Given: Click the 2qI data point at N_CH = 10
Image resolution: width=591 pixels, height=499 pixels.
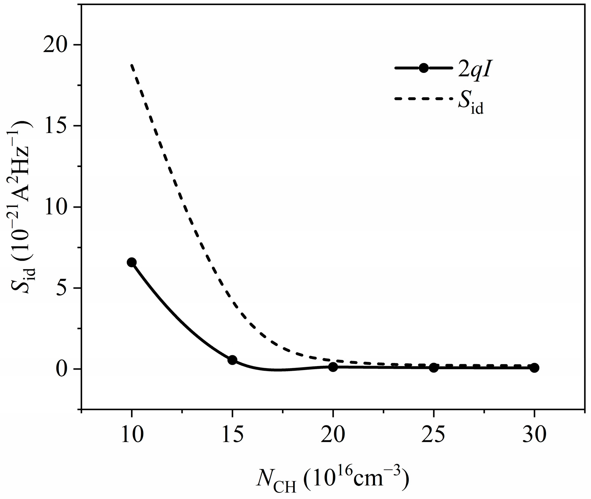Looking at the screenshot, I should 131,262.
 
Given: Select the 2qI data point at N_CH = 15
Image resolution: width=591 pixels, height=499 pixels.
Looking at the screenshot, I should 232,360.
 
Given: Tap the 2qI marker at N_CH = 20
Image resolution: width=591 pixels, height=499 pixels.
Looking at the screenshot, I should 333,367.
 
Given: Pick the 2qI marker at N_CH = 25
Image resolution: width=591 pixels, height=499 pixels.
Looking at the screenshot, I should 434,368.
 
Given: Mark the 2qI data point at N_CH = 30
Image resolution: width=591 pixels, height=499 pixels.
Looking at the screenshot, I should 534,368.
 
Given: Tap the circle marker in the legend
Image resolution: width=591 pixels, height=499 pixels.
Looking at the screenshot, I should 423,68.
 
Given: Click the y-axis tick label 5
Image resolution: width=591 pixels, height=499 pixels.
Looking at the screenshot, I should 64,288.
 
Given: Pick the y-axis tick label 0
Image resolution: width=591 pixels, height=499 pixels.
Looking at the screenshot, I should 64,369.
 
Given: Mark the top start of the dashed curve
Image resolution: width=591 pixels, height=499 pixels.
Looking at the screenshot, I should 132,65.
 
